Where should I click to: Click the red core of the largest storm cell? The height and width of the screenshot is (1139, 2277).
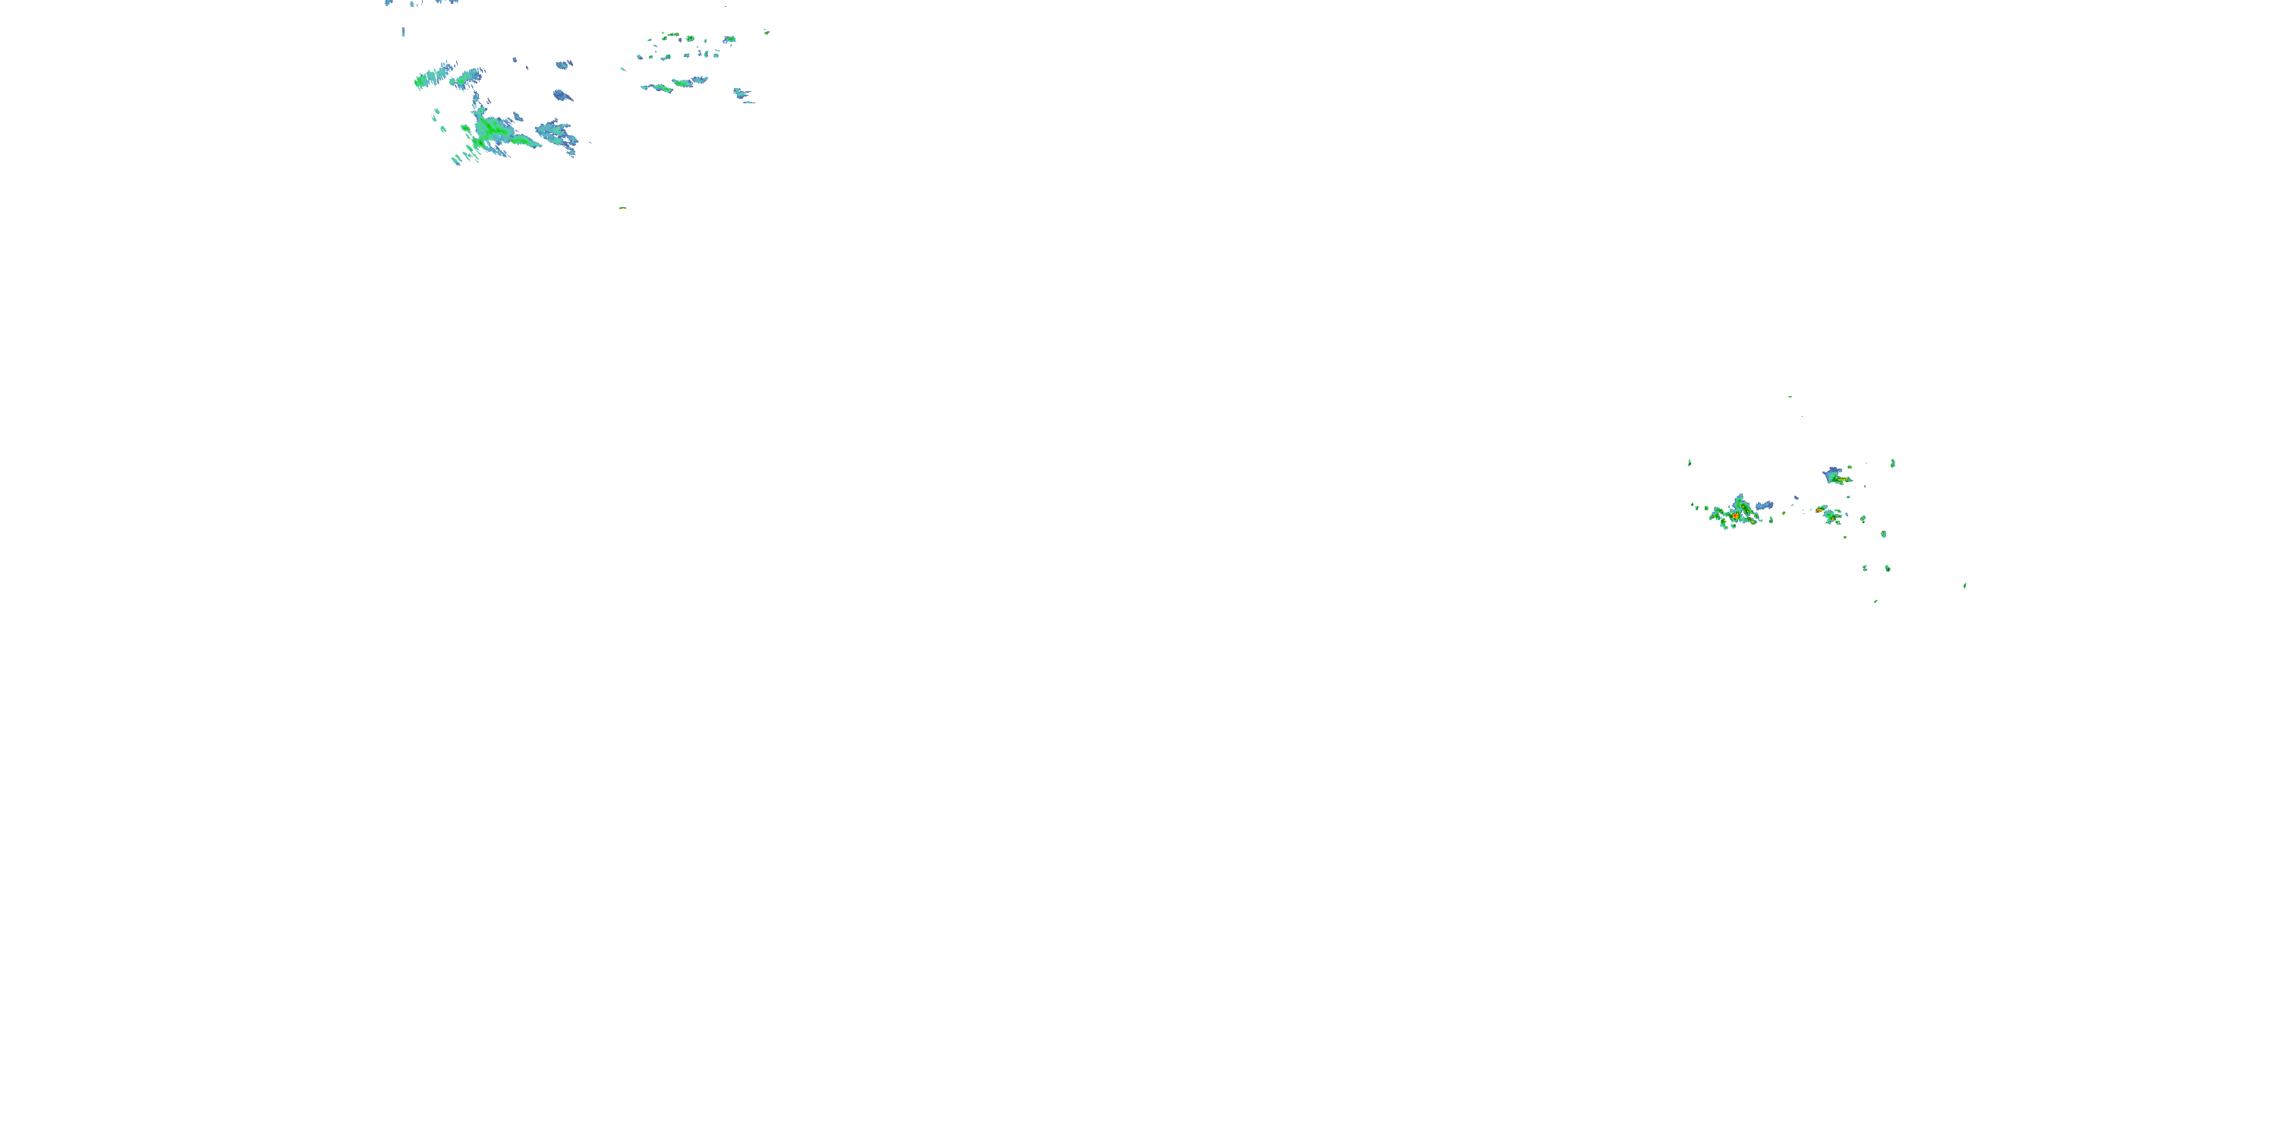point(1735,515)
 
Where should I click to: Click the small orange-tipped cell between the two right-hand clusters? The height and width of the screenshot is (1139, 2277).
point(1819,510)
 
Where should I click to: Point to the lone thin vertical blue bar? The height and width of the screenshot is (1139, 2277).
point(404,32)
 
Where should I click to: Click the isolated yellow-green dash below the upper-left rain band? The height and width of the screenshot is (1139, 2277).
point(623,208)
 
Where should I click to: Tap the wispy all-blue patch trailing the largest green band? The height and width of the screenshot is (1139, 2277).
point(557,134)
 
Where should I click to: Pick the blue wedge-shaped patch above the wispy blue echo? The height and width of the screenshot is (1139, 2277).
point(562,95)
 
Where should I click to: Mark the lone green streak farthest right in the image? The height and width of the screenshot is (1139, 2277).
point(1965,585)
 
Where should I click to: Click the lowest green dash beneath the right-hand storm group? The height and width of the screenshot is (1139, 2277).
point(1875,601)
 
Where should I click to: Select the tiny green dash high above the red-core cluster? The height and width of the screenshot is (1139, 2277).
point(1790,397)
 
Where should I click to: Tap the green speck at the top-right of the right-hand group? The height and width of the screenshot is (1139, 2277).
point(1892,462)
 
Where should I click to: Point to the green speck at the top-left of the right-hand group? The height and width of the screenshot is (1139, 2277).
point(1690,462)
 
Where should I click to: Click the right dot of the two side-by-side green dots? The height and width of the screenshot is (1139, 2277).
point(1887,568)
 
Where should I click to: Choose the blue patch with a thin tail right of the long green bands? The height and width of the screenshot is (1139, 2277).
point(741,93)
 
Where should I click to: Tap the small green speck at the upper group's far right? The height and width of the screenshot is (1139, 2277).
point(767,32)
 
